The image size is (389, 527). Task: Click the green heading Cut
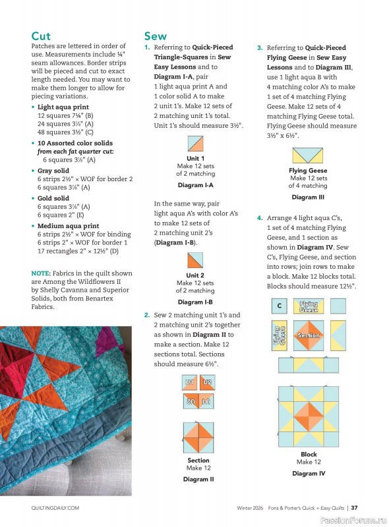[40, 36]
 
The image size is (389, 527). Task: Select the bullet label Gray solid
[53, 171]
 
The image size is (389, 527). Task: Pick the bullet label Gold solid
[53, 198]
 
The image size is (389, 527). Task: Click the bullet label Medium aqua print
[69, 226]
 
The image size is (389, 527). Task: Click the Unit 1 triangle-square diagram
[196, 144]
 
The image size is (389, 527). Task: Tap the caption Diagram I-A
[196, 186]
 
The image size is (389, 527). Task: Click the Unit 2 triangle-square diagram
[196, 261]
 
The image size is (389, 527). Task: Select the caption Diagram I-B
[196, 302]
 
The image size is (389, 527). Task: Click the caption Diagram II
[198, 480]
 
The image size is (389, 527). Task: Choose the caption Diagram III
[308, 197]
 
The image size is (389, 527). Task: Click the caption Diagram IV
[309, 473]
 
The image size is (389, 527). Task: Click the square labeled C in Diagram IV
[280, 306]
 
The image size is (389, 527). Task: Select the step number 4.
[260, 217]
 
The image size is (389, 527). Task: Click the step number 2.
[147, 316]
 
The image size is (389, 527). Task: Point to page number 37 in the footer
[354, 508]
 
